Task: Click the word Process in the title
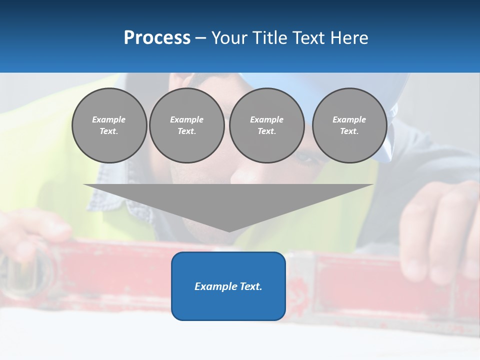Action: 157,38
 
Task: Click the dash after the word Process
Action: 201,38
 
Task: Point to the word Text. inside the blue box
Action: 250,286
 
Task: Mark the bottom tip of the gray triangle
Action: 229,231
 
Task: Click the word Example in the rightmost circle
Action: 349,119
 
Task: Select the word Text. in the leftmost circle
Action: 109,131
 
